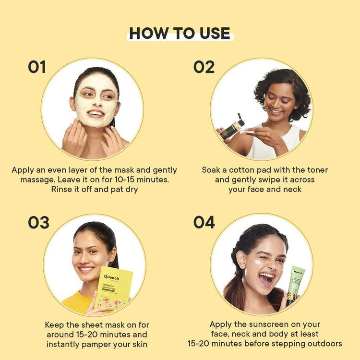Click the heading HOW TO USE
click(x=180, y=33)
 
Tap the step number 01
click(x=37, y=67)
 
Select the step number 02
click(x=204, y=67)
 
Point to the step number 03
click(x=38, y=222)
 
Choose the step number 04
click(x=204, y=222)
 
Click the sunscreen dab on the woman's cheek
click(x=257, y=262)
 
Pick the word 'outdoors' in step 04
click(x=324, y=344)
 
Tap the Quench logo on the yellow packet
click(x=111, y=277)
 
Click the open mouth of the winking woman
click(x=266, y=279)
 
